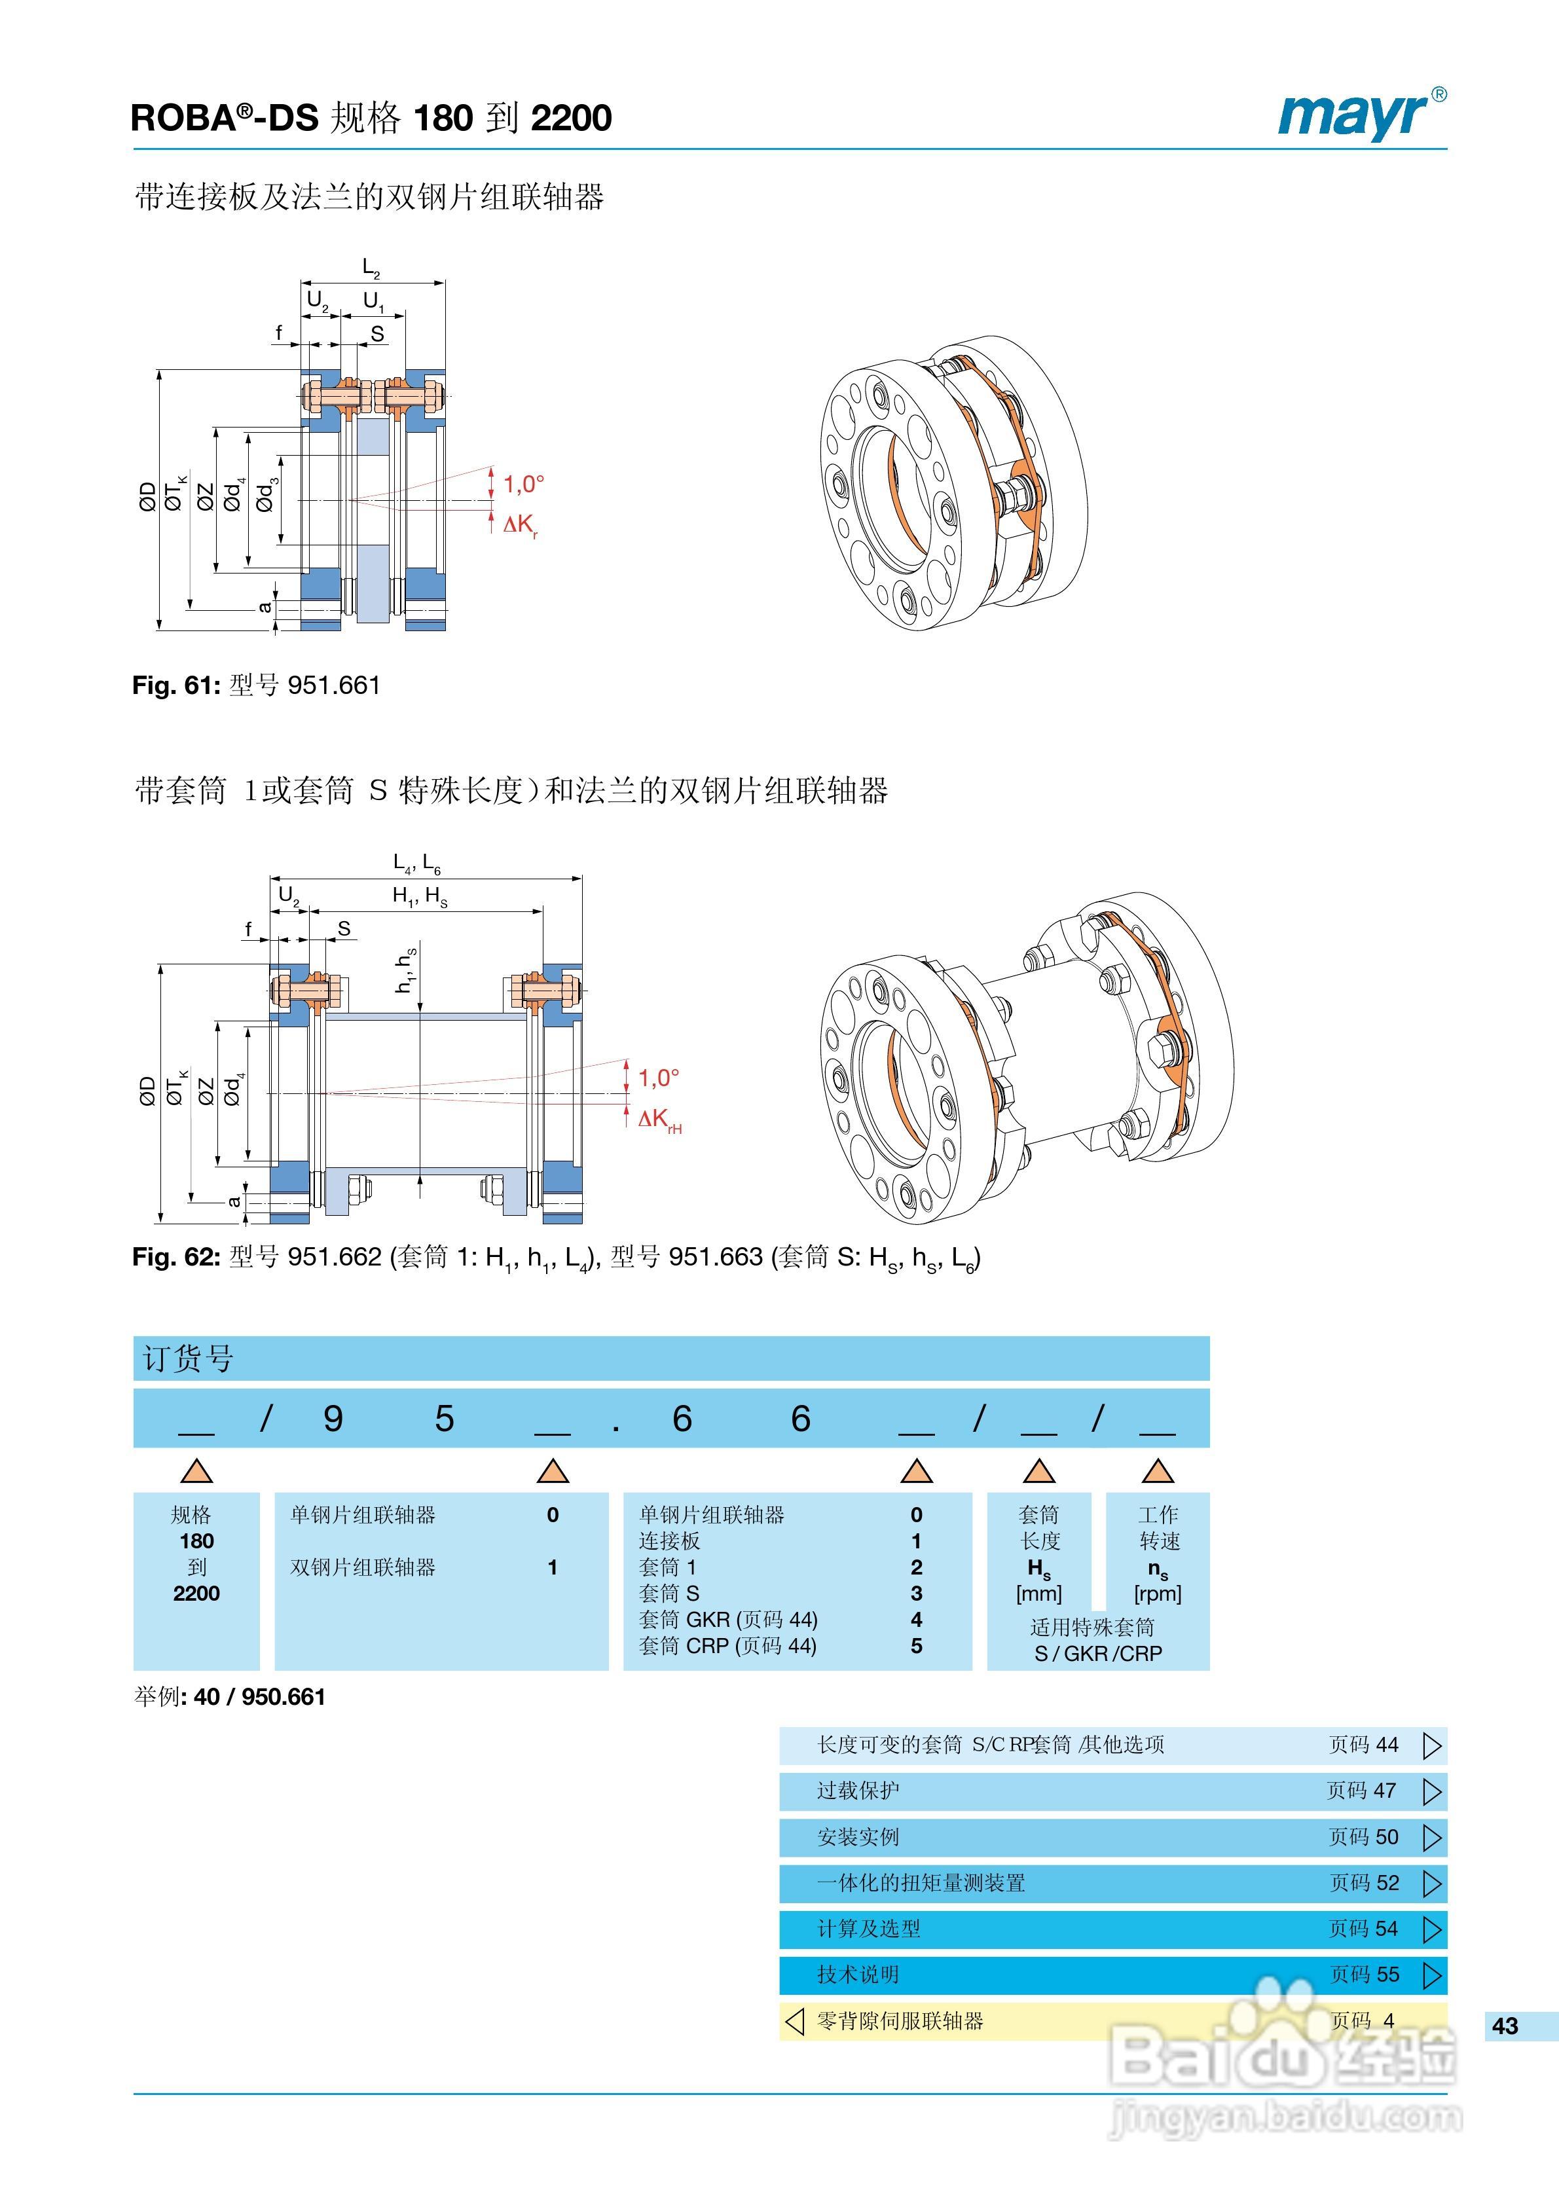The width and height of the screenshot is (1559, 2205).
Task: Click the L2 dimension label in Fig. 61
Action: pyautogui.click(x=371, y=267)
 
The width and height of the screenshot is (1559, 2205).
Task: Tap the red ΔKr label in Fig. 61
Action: pyautogui.click(x=521, y=524)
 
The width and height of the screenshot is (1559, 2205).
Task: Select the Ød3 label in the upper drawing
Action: pyautogui.click(x=267, y=494)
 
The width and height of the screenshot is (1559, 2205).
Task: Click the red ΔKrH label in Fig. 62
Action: pyautogui.click(x=659, y=1119)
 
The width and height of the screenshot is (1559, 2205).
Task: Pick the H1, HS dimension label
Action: pyautogui.click(x=420, y=896)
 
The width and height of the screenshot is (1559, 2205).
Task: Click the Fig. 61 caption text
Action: pyautogui.click(x=257, y=685)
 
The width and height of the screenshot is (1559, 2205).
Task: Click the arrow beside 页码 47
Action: pyautogui.click(x=1431, y=1791)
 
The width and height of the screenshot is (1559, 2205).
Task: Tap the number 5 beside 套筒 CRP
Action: pyautogui.click(x=917, y=1646)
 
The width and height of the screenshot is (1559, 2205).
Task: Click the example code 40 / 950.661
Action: pyautogui.click(x=259, y=1697)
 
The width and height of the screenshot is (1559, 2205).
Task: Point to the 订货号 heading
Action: pyautogui.click(x=189, y=1358)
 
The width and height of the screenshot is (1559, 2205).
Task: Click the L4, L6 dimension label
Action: pyautogui.click(x=417, y=862)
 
